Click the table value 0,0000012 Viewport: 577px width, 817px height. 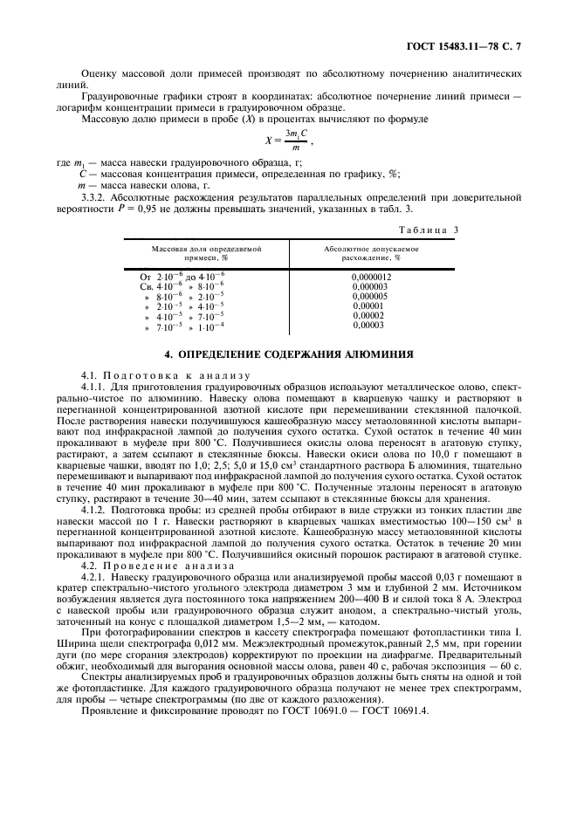pos(371,277)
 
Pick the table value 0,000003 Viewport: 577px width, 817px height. pos(369,286)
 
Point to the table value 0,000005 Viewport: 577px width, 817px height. pos(369,296)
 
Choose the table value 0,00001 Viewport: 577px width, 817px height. pos(367,306)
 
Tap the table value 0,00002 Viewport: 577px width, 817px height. pos(367,315)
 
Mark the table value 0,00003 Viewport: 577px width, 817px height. pos(367,325)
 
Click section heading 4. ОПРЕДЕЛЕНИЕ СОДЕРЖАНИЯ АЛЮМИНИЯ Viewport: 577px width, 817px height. pos(289,355)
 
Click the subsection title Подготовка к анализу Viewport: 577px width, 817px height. pos(151,374)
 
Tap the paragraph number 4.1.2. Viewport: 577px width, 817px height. pos(93,508)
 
